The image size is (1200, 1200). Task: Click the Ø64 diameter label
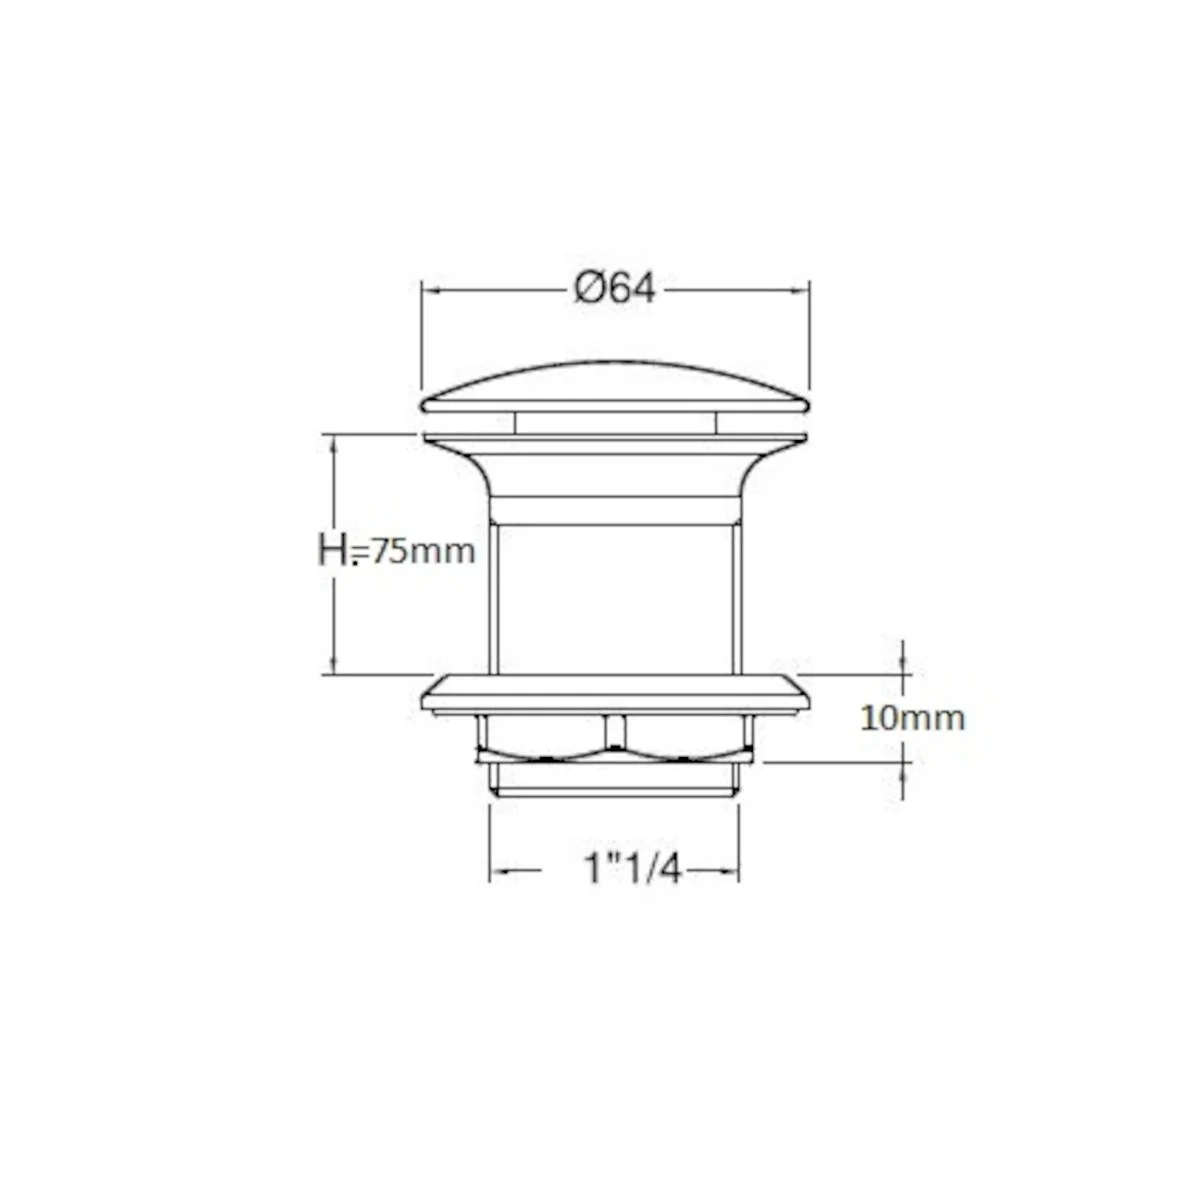(x=614, y=289)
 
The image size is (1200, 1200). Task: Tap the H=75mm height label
(x=396, y=551)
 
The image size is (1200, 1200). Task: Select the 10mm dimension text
(x=912, y=718)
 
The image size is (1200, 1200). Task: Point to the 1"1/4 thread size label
(x=633, y=868)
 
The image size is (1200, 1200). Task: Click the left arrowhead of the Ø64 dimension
(x=432, y=290)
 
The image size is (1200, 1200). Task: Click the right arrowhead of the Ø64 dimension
(x=800, y=290)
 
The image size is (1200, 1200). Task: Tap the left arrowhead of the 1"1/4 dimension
(x=500, y=871)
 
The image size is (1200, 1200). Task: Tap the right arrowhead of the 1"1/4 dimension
(x=729, y=871)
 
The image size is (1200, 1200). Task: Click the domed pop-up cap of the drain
(x=615, y=389)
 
